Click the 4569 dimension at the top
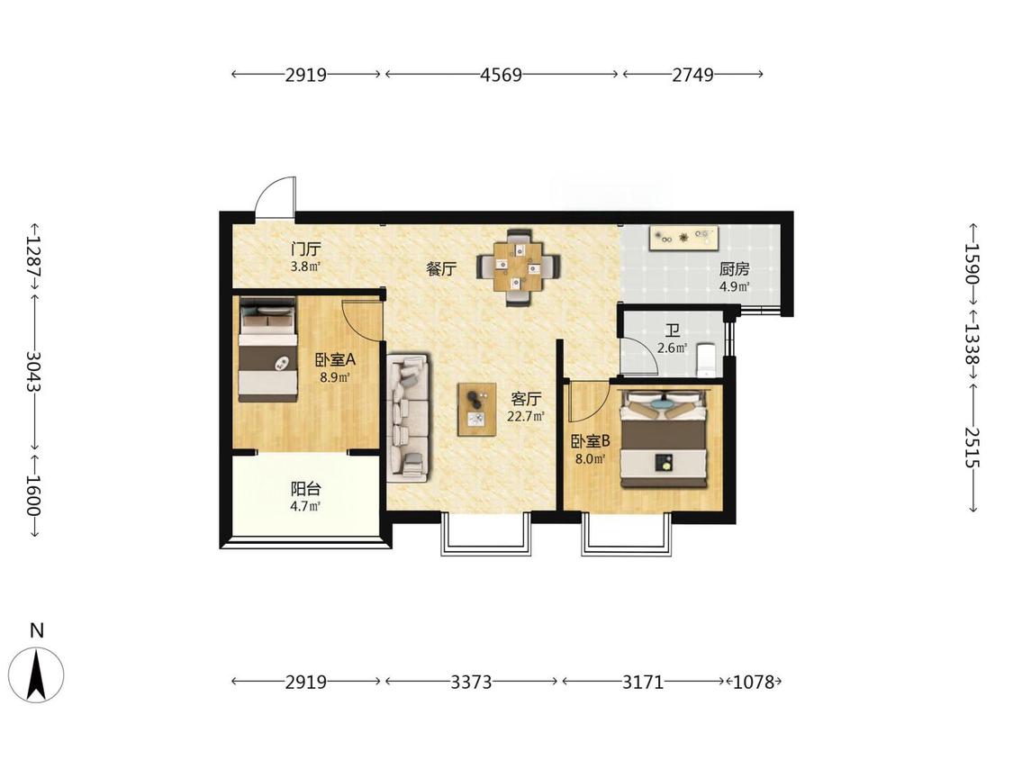pos(501,75)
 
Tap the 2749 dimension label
pos(692,75)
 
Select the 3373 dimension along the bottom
pos(471,682)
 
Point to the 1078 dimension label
pos(754,682)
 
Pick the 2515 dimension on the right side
pos(973,448)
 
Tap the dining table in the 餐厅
pos(519,267)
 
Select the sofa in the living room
pos(408,418)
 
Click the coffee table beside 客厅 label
pos(476,409)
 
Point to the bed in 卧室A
pos(268,348)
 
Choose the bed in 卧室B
pos(664,439)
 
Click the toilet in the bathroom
pos(707,359)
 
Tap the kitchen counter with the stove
pos(684,237)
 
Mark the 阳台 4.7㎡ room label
pos(305,497)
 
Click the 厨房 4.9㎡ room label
pos(735,277)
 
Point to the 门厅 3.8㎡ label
pos(305,257)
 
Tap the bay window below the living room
pos(486,535)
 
